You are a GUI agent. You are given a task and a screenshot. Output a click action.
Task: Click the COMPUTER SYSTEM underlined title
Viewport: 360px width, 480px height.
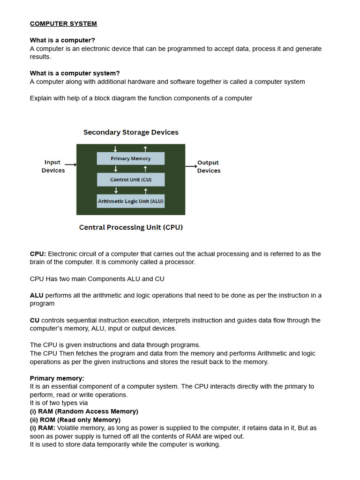(63, 23)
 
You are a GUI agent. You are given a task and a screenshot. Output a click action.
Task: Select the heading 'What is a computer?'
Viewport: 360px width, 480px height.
(62, 40)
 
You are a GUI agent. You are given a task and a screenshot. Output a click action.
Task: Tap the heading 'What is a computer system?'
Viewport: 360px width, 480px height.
(75, 73)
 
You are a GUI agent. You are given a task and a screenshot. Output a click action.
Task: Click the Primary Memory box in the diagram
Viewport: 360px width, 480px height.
(130, 158)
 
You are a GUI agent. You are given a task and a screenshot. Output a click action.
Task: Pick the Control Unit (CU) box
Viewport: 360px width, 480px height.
(130, 180)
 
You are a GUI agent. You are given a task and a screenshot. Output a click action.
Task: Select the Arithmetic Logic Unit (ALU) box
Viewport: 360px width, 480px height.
(130, 202)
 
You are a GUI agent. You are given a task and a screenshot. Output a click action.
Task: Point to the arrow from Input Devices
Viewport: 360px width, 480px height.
(70, 165)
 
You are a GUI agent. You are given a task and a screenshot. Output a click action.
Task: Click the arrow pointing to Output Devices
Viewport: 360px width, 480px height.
(191, 166)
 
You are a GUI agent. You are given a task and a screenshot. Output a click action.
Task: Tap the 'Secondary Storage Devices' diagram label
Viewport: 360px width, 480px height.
(131, 132)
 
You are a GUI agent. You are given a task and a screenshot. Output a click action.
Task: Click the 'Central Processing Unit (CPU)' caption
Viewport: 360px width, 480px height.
(131, 227)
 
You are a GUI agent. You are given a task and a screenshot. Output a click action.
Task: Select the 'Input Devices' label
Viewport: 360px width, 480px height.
(53, 166)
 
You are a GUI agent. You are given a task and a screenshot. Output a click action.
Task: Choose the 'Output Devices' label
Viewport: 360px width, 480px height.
(209, 166)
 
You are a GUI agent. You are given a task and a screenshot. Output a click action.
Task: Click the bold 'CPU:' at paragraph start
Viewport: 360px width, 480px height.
(38, 254)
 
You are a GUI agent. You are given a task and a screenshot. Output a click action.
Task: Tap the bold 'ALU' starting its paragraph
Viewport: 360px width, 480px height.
(37, 295)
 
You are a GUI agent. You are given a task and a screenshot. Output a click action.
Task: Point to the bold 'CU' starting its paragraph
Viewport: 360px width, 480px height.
(35, 320)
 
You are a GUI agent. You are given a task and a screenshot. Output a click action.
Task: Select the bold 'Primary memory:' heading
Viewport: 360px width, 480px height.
(57, 378)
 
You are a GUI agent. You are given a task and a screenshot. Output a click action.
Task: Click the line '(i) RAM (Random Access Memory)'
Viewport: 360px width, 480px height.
(84, 411)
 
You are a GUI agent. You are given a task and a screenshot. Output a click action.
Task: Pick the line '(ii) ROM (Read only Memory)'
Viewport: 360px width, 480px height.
(75, 420)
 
